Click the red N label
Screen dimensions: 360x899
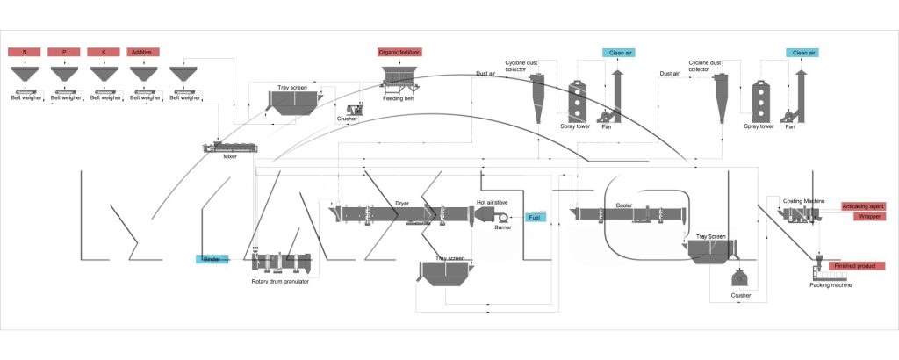[25, 53]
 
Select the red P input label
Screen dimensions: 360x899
[65, 53]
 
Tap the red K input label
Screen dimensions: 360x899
[104, 53]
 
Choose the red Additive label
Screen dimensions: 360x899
[144, 53]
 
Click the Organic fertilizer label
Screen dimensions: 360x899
[400, 53]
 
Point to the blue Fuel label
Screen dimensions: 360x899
[535, 217]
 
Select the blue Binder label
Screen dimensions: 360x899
[212, 259]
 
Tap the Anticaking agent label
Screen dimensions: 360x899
[863, 205]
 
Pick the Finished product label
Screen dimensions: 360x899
[857, 265]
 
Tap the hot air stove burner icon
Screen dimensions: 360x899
[498, 213]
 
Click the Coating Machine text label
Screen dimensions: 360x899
[803, 200]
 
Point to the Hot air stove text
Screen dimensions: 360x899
[494, 200]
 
